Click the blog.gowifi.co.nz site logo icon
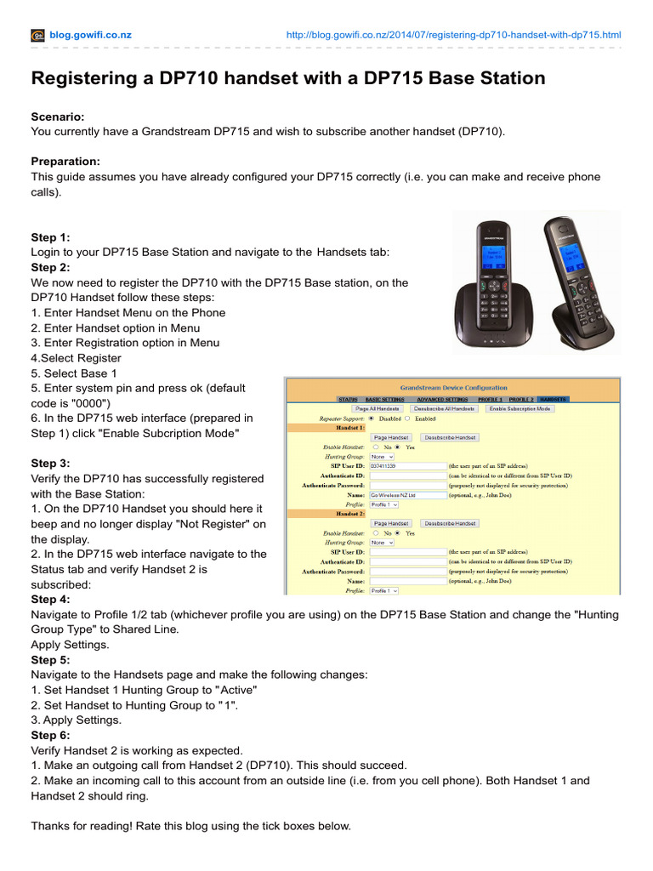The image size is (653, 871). coord(37,35)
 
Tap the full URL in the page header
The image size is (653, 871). coord(454,35)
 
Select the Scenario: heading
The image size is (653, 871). coord(57,117)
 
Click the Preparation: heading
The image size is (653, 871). coord(65,162)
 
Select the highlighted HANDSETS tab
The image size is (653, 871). coord(554,399)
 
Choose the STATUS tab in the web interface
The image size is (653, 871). coord(347,399)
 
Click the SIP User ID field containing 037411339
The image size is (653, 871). coord(408,466)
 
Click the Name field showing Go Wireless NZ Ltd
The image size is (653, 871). coord(408,494)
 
